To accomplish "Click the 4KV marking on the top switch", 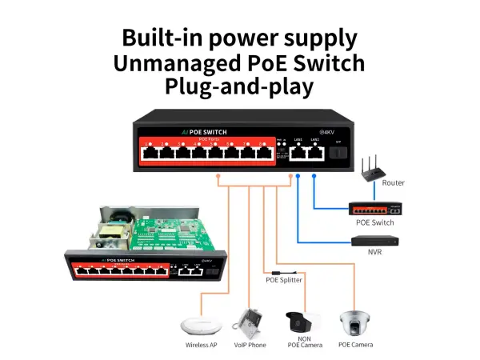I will click(326, 131).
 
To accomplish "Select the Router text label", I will click(394, 183).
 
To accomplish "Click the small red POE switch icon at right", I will click(374, 210).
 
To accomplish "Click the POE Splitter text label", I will click(283, 280).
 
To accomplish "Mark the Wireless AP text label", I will click(201, 345).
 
